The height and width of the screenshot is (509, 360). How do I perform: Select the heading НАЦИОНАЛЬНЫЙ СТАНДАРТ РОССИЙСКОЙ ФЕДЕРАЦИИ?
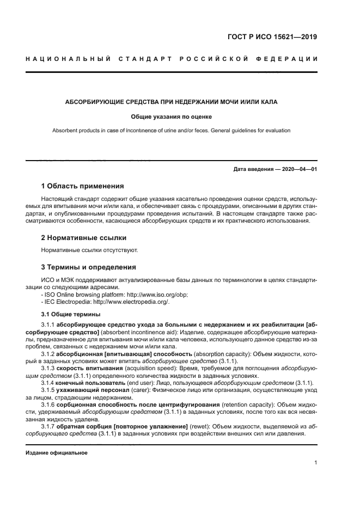point(172,58)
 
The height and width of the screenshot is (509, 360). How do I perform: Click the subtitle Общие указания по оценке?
point(171,116)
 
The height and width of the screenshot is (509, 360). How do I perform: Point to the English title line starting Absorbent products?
point(171,131)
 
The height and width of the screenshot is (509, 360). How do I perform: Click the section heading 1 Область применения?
point(83,186)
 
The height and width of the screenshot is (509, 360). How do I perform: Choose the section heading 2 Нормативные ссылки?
point(84,238)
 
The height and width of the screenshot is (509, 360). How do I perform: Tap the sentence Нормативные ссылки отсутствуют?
point(90,250)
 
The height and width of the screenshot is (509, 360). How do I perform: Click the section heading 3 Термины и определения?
point(89,267)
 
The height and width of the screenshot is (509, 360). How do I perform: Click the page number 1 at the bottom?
point(316,463)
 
